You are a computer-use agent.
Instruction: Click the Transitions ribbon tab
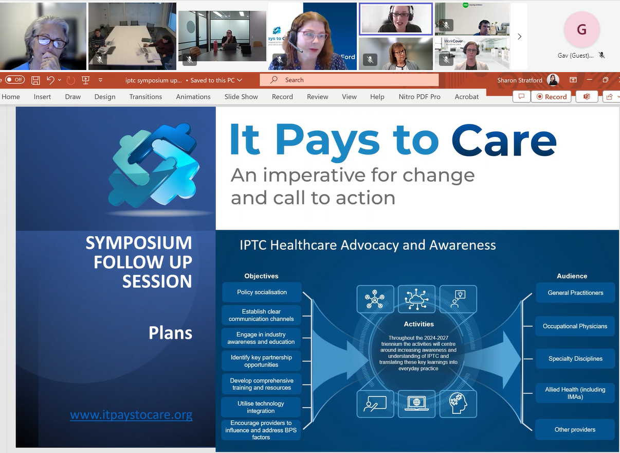click(x=145, y=97)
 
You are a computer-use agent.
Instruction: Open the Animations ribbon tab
click(x=193, y=97)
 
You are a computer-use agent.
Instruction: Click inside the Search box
click(x=350, y=80)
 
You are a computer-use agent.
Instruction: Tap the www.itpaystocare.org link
click(x=131, y=414)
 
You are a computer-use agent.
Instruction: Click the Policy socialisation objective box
click(x=262, y=292)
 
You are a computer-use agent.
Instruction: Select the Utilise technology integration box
click(x=261, y=407)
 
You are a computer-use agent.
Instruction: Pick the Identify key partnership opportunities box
click(x=261, y=361)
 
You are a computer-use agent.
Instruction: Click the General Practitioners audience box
click(x=575, y=293)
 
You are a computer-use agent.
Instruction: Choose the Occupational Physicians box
click(x=575, y=326)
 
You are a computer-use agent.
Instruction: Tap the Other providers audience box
click(x=575, y=430)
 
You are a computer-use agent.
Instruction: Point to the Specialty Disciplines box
click(x=575, y=359)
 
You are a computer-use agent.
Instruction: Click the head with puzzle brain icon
click(x=458, y=403)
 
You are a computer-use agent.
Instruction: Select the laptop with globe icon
click(x=416, y=403)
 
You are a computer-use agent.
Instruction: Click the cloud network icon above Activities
click(x=416, y=299)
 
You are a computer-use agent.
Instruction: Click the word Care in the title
click(x=504, y=140)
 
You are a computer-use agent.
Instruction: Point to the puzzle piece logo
click(x=154, y=165)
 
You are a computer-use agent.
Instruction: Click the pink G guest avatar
click(x=581, y=30)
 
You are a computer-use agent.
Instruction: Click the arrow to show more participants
click(x=519, y=37)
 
